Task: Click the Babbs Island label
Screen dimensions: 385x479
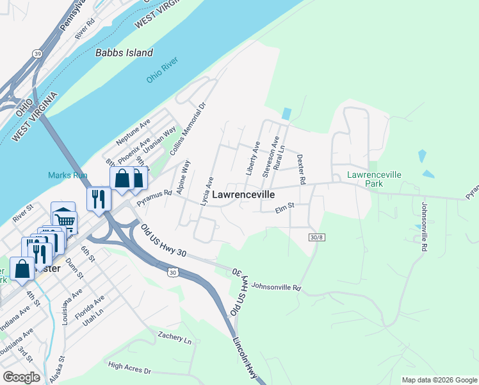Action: (x=124, y=53)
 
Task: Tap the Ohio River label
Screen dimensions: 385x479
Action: (x=161, y=69)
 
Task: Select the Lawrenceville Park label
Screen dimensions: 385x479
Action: (x=374, y=178)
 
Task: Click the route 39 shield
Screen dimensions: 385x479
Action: (x=38, y=54)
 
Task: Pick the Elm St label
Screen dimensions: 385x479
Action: (x=284, y=207)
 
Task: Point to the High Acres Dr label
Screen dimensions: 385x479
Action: (x=129, y=368)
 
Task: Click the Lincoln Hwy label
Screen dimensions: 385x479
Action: (x=245, y=357)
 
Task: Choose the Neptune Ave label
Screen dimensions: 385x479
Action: (x=133, y=131)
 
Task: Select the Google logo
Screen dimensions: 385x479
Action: (x=21, y=377)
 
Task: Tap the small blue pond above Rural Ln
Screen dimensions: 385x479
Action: (x=286, y=114)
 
